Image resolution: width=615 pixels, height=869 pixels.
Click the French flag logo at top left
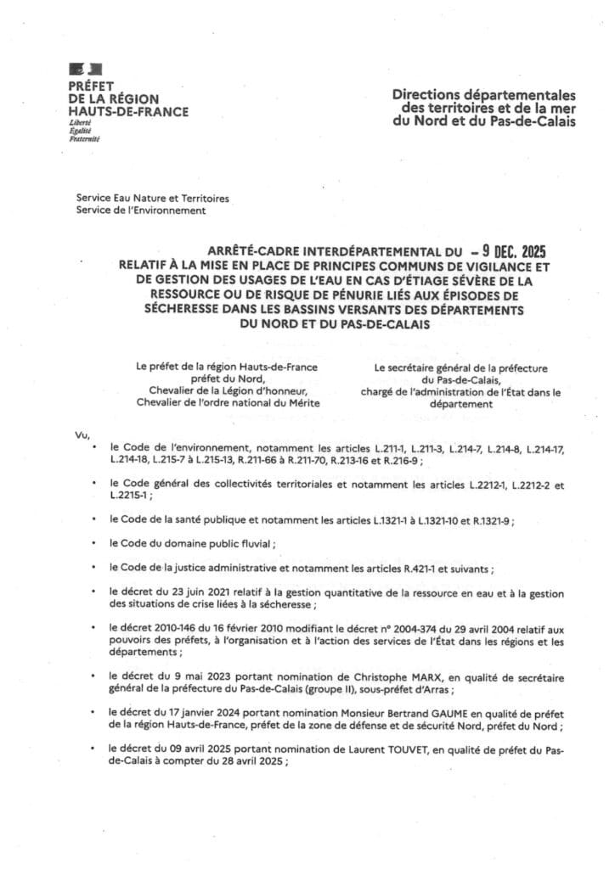[x=85, y=68]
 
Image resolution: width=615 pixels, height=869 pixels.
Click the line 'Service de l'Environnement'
[x=140, y=210]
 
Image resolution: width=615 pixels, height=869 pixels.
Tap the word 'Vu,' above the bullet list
[x=82, y=436]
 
